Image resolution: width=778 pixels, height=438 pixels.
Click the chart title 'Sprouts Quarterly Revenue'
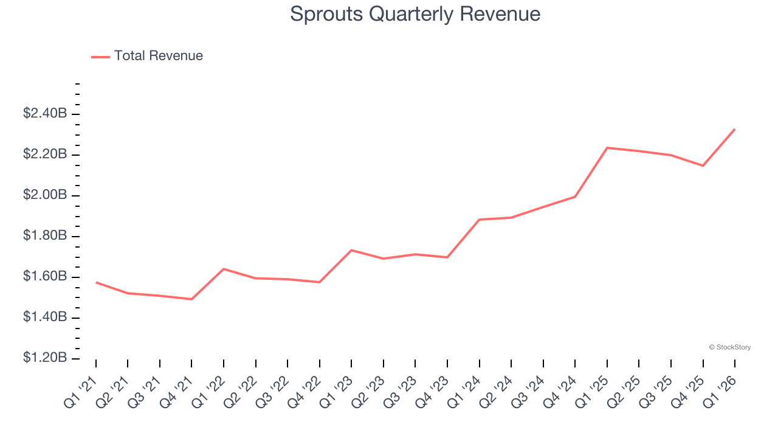pos(415,14)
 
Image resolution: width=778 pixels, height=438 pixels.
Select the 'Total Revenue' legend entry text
pos(158,56)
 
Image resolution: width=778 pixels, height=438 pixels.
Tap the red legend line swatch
pos(100,57)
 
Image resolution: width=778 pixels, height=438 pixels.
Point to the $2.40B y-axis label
pos(45,113)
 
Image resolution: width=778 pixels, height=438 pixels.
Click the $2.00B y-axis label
pos(45,195)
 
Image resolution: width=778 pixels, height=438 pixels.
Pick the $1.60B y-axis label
pos(45,276)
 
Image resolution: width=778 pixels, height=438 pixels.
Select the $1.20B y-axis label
pos(45,358)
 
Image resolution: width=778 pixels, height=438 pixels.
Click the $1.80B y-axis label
pos(45,235)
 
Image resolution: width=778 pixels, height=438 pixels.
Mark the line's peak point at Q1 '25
pos(607,148)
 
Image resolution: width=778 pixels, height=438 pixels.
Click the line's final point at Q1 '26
pos(735,129)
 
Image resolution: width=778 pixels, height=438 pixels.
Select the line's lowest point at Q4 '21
pos(191,299)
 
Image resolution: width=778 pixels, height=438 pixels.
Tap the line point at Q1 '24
pos(480,220)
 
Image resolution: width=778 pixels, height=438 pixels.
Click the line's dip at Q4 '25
pos(703,165)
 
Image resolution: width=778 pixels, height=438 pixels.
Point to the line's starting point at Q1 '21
pos(96,282)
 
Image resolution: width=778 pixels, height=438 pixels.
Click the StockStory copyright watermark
pos(729,347)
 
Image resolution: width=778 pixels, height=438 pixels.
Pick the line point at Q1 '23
pos(351,250)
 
